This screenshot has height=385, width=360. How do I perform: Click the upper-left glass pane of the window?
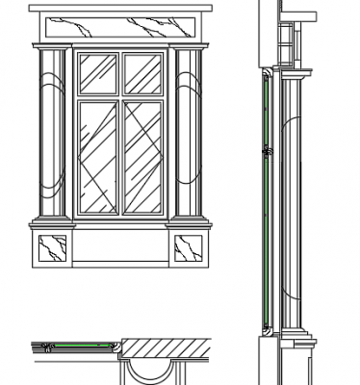pyautogui.click(x=98, y=73)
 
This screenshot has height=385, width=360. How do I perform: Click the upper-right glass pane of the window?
pyautogui.click(x=142, y=73)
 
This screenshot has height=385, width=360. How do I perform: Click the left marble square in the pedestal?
pyautogui.click(x=51, y=249)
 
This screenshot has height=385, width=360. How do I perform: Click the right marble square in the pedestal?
pyautogui.click(x=190, y=249)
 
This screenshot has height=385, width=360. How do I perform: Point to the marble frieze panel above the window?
pyautogui.click(x=120, y=28)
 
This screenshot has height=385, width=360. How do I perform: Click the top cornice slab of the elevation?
pyautogui.click(x=120, y=9)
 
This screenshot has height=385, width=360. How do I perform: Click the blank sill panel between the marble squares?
pyautogui.click(x=120, y=249)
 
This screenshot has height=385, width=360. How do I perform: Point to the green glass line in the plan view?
pyautogui.click(x=72, y=344)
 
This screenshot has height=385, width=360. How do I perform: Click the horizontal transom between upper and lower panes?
pyautogui.click(x=120, y=95)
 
